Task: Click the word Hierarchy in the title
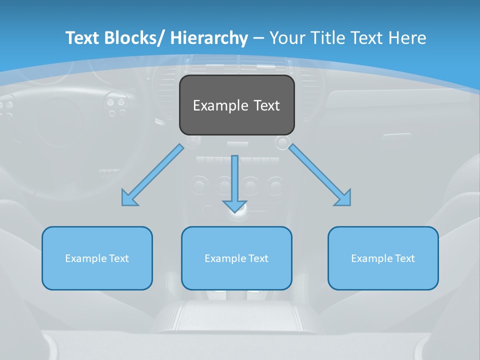pos(208,38)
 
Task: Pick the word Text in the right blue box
pos(404,258)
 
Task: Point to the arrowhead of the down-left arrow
pos(128,199)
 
